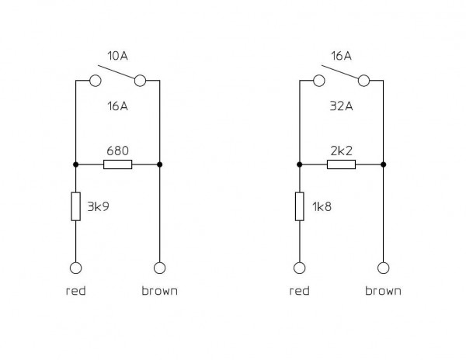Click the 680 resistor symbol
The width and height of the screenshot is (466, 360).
pos(117,164)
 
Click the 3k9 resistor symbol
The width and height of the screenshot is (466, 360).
pos(75,207)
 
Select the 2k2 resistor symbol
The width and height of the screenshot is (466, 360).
pos(341,164)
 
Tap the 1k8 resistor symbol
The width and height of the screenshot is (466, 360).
pos(299,207)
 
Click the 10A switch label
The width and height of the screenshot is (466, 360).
pos(117,56)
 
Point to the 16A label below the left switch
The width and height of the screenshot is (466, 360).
pos(117,106)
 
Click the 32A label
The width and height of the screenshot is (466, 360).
pos(341,106)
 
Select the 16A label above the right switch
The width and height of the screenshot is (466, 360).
pos(341,56)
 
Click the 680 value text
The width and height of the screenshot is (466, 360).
pos(117,149)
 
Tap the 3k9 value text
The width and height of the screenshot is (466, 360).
pos(98,208)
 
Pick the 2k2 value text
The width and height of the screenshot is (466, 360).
pos(341,149)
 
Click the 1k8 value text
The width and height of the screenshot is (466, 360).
pos(322,208)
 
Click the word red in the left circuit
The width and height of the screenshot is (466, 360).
pos(75,292)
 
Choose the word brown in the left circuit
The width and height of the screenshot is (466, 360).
pos(159,292)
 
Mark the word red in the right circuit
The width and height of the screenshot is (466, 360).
pos(299,292)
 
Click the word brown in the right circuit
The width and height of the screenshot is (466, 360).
pos(383,292)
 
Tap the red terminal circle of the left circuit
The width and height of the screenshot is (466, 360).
pos(75,268)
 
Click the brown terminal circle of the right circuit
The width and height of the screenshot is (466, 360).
pos(383,268)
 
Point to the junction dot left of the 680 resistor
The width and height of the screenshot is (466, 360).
pos(75,164)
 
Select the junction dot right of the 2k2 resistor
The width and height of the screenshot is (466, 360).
pos(383,164)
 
